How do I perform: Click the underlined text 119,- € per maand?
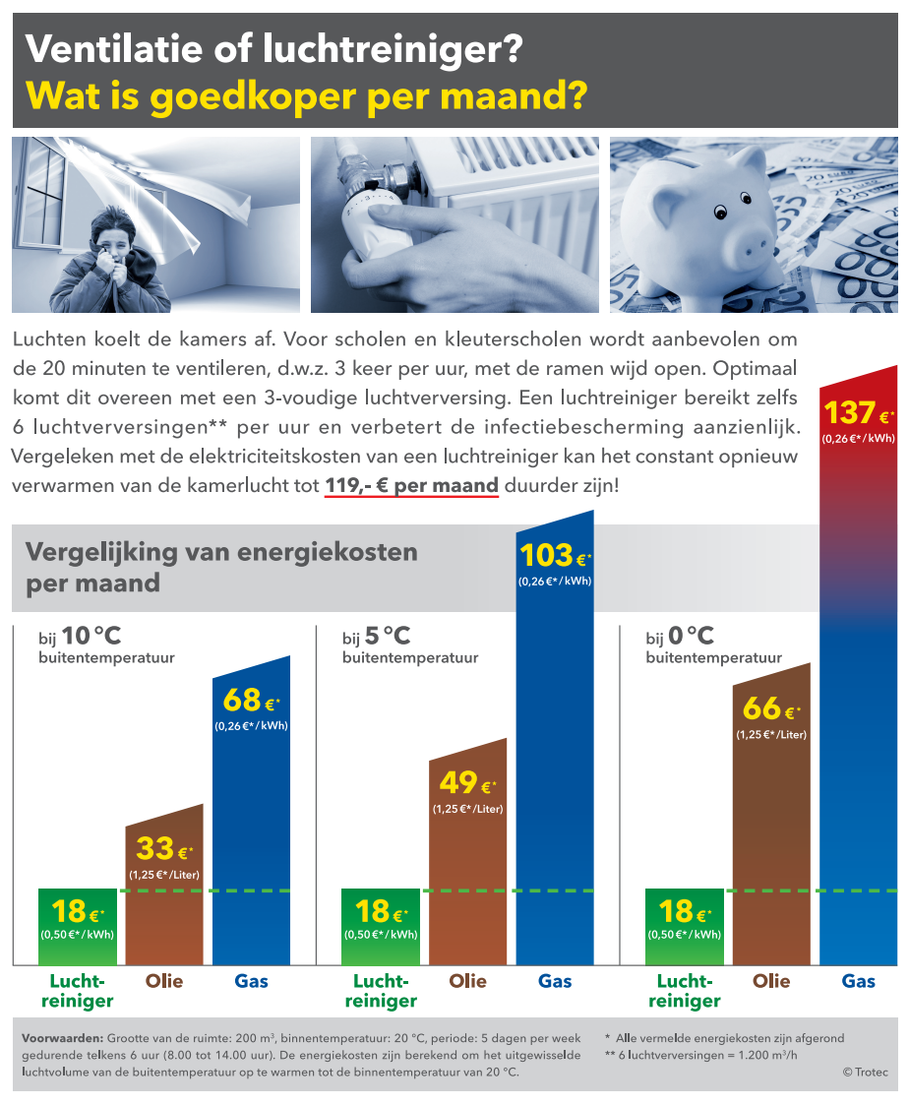pyautogui.click(x=411, y=486)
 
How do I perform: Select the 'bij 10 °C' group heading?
pyautogui.click(x=81, y=638)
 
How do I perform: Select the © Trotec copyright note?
pyautogui.click(x=864, y=1072)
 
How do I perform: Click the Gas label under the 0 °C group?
pyautogui.click(x=859, y=981)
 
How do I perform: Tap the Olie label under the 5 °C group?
pyautogui.click(x=467, y=981)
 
